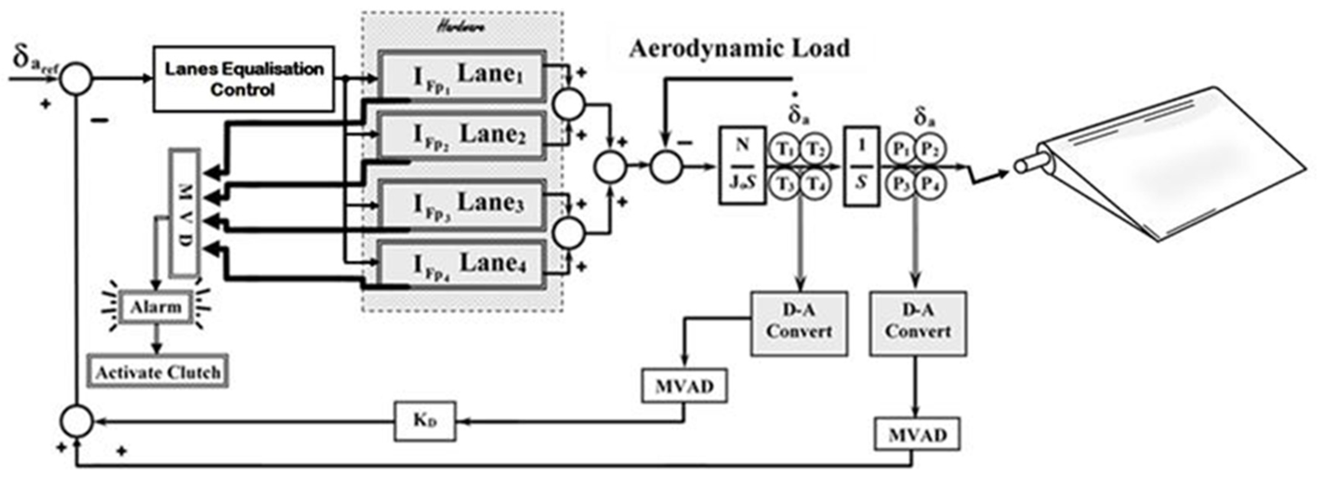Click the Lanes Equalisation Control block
point(244,79)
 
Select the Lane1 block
point(462,75)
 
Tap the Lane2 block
point(462,135)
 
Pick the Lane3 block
point(462,204)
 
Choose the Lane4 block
point(462,264)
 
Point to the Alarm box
point(156,308)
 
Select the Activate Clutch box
point(158,371)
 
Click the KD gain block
point(424,421)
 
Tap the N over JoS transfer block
point(742,166)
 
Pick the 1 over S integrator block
point(861,166)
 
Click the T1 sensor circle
point(784,150)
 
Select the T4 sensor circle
point(815,184)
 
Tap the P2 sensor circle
point(930,150)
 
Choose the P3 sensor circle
point(901,184)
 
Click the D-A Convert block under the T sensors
point(799,323)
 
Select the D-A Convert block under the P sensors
point(918,323)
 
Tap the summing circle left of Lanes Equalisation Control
point(76,79)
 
